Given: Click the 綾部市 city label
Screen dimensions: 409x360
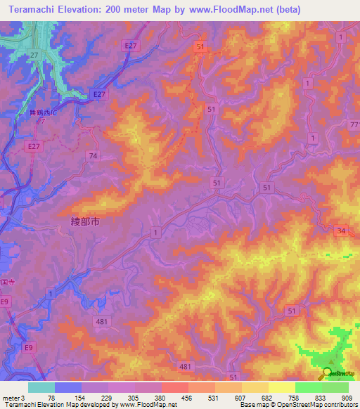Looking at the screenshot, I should click(86, 221).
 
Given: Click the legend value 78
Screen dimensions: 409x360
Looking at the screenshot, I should click(54, 398).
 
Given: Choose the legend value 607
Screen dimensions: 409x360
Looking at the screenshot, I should click(241, 398).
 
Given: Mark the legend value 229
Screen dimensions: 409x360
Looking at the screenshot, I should click(108, 398).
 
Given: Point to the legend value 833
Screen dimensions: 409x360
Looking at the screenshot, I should click(321, 398).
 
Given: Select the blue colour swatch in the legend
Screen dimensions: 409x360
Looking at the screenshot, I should click(67, 387).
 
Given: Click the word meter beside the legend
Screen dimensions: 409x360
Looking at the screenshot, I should click(10, 398).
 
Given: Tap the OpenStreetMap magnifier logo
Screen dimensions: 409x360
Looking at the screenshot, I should click(328, 372).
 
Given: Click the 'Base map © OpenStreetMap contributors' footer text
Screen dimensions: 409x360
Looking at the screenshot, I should click(298, 405).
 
